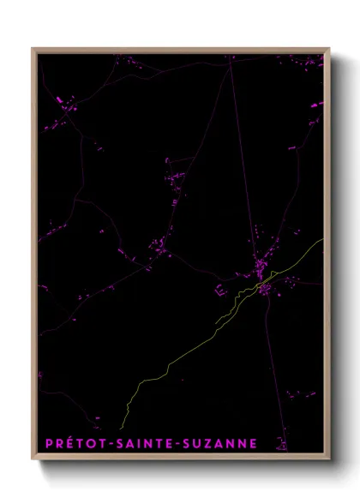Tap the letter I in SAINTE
click(150, 443)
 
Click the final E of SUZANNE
click(276, 443)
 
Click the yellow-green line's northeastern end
click(322, 240)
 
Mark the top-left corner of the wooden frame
click(33, 49)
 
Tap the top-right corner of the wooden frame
click(329, 49)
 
